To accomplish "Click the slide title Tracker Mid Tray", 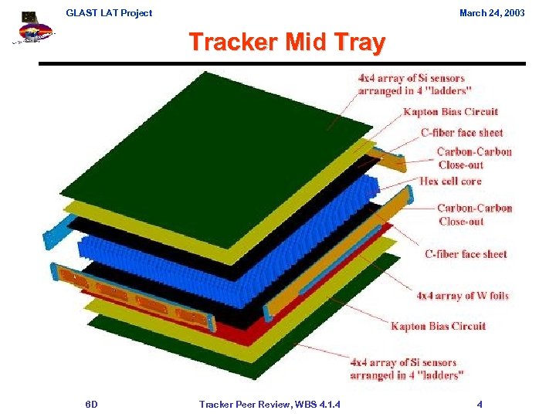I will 286,42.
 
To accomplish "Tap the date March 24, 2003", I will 491,12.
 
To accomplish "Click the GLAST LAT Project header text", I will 109,12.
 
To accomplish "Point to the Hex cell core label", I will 450,181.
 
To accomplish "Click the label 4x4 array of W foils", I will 463,296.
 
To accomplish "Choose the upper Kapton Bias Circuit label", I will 450,112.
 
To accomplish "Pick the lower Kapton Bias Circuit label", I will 438,326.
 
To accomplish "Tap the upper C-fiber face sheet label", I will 462,133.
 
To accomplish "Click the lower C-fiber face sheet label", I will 466,254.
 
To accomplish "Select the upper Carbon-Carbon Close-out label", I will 473,158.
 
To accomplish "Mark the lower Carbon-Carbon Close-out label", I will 473,215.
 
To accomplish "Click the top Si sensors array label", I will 411,84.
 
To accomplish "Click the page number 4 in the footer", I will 480,404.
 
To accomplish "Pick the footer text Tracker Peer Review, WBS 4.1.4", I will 270,404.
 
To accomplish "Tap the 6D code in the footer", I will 91,404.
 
